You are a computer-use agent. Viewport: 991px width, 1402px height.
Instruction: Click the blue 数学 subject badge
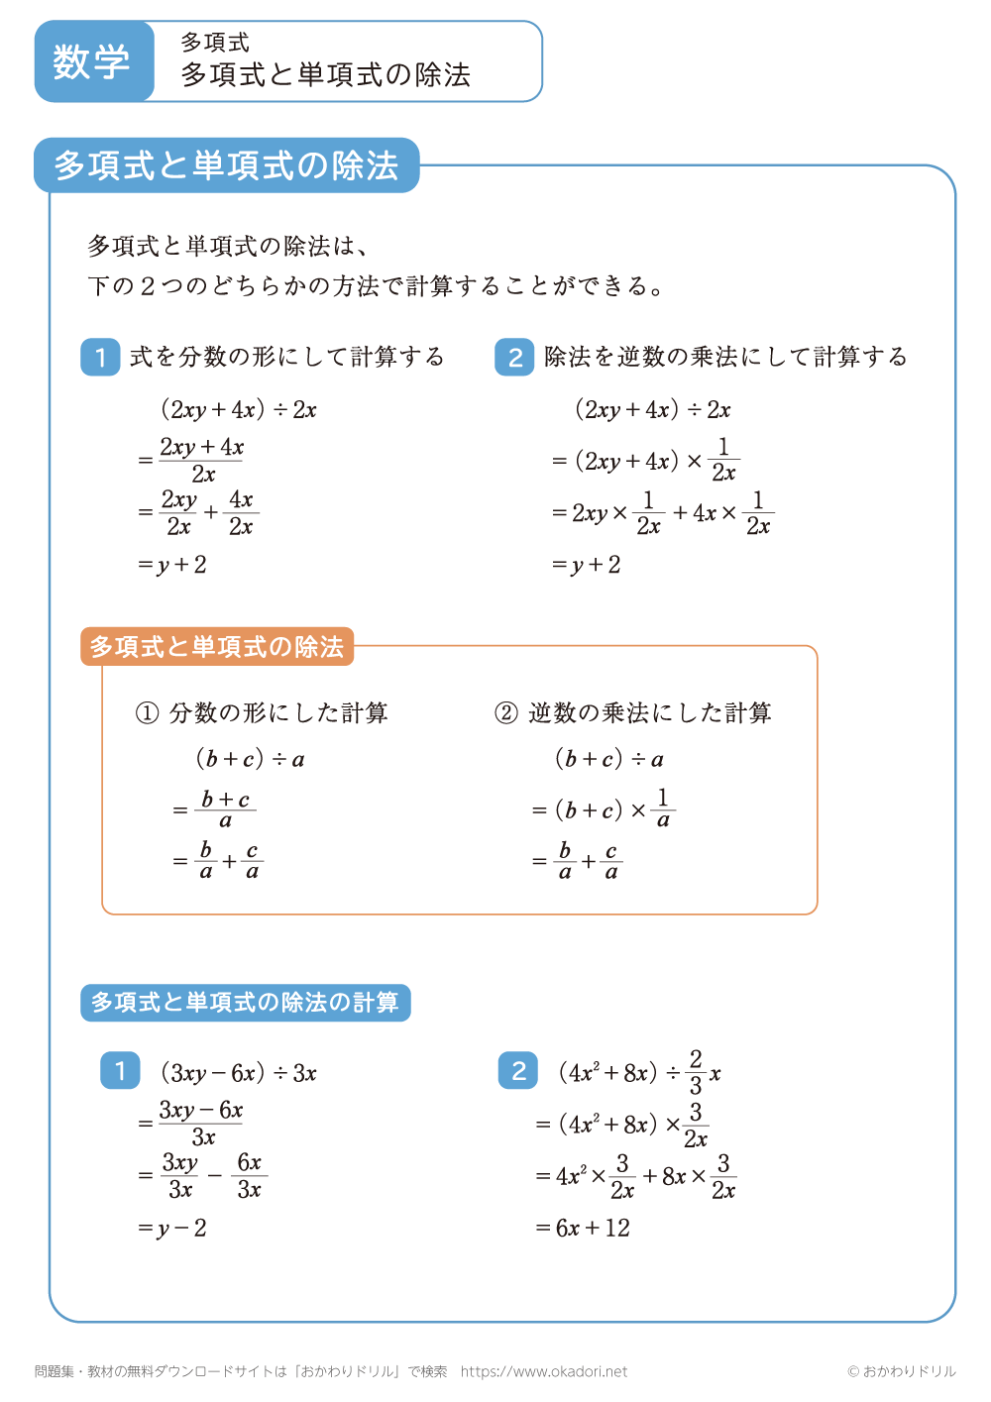pyautogui.click(x=92, y=61)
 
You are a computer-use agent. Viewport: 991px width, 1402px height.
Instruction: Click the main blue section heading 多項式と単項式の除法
pyautogui.click(x=226, y=165)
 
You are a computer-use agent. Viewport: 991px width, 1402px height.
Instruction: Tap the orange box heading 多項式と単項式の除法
pyautogui.click(x=217, y=647)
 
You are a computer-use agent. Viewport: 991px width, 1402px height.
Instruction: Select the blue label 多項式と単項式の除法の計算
pyautogui.click(x=245, y=1003)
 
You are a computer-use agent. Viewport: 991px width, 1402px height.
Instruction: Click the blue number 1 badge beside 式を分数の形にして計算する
pyautogui.click(x=100, y=358)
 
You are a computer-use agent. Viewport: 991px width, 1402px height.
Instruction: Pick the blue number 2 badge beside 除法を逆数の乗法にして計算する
pyautogui.click(x=514, y=358)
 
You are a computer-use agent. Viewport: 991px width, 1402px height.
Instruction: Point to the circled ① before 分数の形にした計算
pyautogui.click(x=147, y=713)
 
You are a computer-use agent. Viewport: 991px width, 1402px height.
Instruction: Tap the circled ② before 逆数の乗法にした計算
pyautogui.click(x=506, y=713)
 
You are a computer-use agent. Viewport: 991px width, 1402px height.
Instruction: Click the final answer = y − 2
pyautogui.click(x=172, y=1229)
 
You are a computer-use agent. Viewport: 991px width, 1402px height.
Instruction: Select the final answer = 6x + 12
pyautogui.click(x=583, y=1229)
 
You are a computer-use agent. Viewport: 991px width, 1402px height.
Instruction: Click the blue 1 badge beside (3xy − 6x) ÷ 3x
pyautogui.click(x=120, y=1071)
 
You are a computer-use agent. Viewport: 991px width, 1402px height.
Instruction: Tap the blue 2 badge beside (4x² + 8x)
pyautogui.click(x=518, y=1071)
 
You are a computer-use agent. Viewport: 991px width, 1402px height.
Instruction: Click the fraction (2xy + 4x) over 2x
pyautogui.click(x=202, y=461)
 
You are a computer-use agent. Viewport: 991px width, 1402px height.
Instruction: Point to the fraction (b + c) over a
pyautogui.click(x=225, y=809)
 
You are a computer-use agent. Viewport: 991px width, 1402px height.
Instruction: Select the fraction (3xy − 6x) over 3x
pyautogui.click(x=202, y=1124)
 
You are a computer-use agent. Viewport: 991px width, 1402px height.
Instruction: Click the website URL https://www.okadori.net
pyautogui.click(x=544, y=1371)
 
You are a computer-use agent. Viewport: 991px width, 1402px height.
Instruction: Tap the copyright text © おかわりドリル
pyautogui.click(x=902, y=1371)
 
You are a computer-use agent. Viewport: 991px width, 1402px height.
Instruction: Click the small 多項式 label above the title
pyautogui.click(x=215, y=43)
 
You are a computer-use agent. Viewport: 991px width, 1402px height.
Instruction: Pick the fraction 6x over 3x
pyautogui.click(x=249, y=1176)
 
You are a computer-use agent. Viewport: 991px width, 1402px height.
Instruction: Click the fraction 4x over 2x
pyautogui.click(x=241, y=513)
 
